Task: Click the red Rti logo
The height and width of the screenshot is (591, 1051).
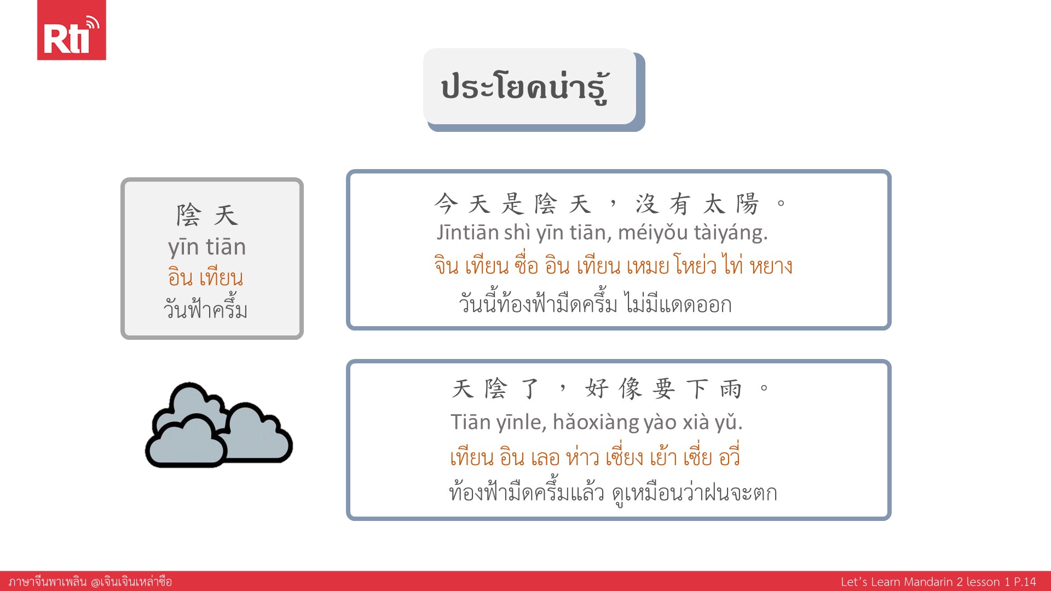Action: coord(71,30)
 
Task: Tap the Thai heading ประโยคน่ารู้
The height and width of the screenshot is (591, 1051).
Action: coord(525,87)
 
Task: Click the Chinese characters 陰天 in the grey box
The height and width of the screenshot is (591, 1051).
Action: coord(207,215)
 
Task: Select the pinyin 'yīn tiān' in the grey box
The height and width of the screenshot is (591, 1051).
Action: coord(207,247)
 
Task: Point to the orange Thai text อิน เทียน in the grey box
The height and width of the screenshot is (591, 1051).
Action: coord(206,277)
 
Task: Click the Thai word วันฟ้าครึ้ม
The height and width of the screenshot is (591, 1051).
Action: coord(206,309)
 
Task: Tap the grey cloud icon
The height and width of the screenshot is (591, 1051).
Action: coord(219,425)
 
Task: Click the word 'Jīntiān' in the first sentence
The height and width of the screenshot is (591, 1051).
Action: coord(467,233)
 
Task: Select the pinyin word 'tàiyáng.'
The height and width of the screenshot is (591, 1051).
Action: coord(731,233)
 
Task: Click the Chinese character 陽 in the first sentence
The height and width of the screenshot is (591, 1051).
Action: coord(747,204)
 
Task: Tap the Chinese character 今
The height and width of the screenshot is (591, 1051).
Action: coord(446,204)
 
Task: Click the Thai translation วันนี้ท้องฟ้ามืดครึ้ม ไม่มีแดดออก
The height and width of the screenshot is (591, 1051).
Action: coord(595,303)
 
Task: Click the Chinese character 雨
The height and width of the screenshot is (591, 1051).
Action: coord(731,389)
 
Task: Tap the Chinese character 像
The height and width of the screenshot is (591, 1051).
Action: coord(631,389)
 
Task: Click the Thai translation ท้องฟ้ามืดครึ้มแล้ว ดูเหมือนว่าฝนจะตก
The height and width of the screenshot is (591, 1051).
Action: coord(613,492)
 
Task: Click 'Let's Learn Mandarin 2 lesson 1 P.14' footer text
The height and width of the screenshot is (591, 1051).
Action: coord(938,582)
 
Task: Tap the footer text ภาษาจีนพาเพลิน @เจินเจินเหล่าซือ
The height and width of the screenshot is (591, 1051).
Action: coord(90,581)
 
